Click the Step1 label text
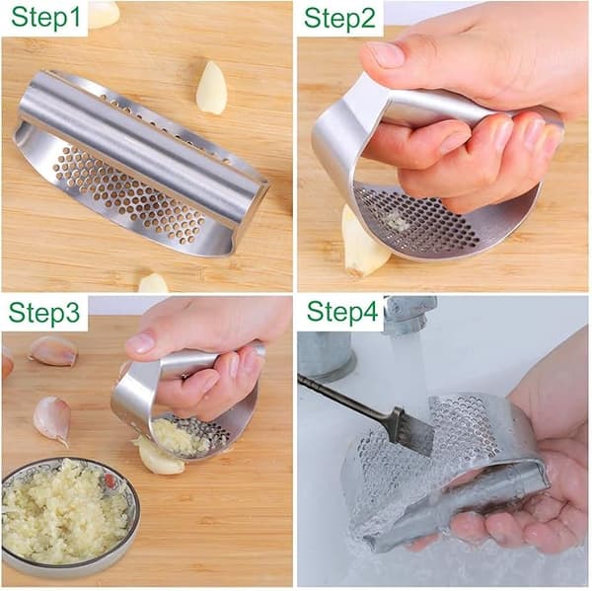pyautogui.click(x=45, y=18)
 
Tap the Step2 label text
pyautogui.click(x=339, y=18)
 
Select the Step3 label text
pyautogui.click(x=44, y=313)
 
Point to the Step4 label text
pyautogui.click(x=342, y=312)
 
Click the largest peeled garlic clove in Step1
pyautogui.click(x=211, y=87)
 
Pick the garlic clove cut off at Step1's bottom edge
pyautogui.click(x=153, y=283)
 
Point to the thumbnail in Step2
pyautogui.click(x=385, y=53)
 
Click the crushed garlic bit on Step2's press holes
pyautogui.click(x=396, y=222)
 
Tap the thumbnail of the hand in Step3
pyautogui.click(x=140, y=341)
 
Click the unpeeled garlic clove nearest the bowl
pyautogui.click(x=53, y=419)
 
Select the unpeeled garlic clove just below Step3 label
pyautogui.click(x=53, y=350)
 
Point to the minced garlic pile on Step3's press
pyautogui.click(x=178, y=438)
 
